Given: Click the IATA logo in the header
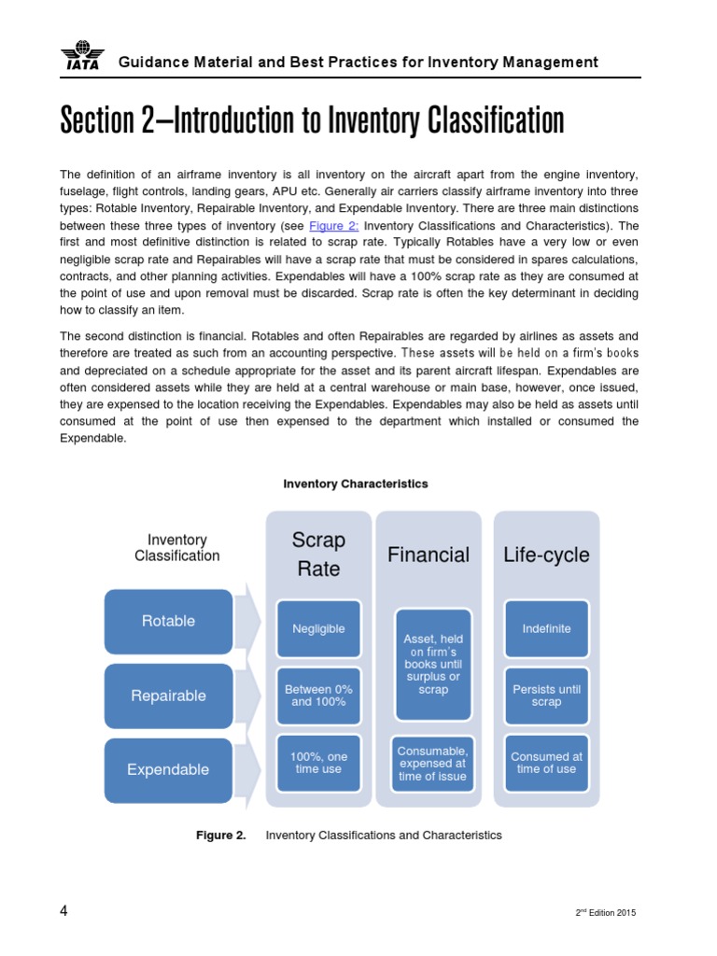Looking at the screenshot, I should coord(82,57).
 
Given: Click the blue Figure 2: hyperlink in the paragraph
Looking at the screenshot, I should coord(333,226).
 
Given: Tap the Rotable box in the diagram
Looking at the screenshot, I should coord(168,621).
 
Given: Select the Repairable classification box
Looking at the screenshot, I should coord(168,696).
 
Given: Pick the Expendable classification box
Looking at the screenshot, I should coord(168,770).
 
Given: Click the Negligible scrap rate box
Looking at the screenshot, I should coord(318,629).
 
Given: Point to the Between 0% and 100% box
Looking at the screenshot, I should coord(318,696).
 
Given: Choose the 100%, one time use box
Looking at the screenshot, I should coord(318,763).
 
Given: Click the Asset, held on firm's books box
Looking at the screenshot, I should coord(432,664).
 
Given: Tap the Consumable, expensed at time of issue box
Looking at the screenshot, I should coord(432,763).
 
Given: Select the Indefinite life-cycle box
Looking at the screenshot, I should coord(546,629).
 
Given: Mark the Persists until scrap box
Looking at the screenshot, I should coord(546,696).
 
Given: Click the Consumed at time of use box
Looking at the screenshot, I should coord(546,763).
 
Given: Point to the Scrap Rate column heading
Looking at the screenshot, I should coord(318,555).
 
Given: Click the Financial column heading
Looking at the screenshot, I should coord(429,555).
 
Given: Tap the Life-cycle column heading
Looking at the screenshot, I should coord(546,555).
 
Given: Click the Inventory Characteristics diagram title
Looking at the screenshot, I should coord(356,484).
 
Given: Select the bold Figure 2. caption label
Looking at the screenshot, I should coord(221,836).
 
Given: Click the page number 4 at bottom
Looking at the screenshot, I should coord(63,911).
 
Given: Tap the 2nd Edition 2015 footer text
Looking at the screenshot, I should coord(606,912).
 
